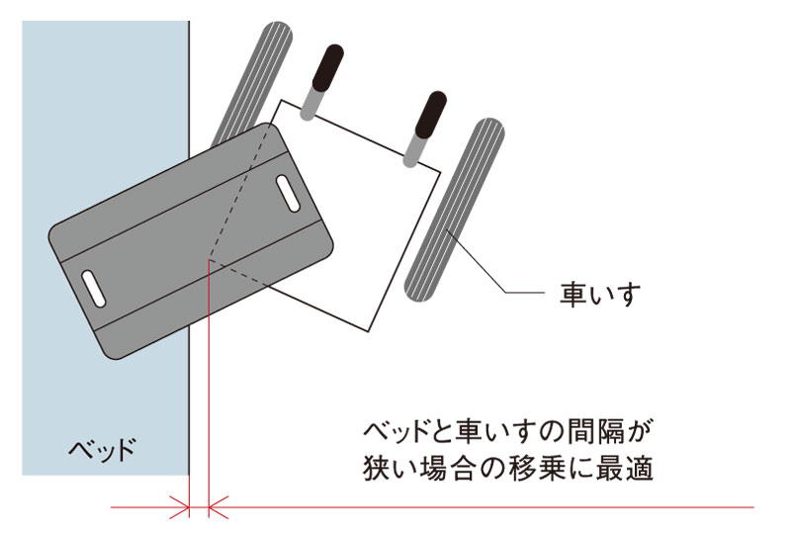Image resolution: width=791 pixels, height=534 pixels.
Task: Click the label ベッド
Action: pyautogui.click(x=99, y=451)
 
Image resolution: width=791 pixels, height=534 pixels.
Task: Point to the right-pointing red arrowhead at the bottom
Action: pyautogui.click(x=181, y=508)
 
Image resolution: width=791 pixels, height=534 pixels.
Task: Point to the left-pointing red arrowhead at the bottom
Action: pyautogui.click(x=219, y=508)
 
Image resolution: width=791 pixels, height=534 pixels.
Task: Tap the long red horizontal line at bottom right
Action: pyautogui.click(x=494, y=508)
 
